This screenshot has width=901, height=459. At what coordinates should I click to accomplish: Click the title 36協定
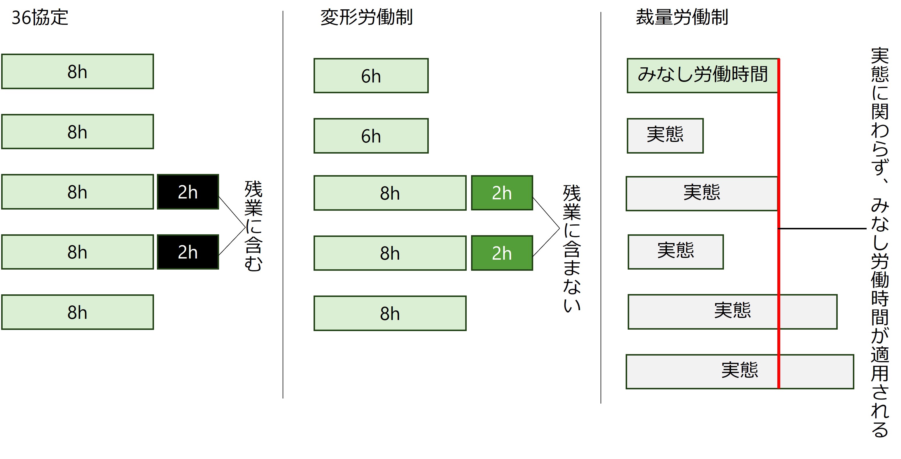pos(40,17)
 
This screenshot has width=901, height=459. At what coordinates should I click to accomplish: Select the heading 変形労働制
pos(366,17)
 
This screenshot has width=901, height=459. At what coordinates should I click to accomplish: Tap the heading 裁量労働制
pos(682,17)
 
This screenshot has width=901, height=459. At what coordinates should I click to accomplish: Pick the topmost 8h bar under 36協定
pos(77,72)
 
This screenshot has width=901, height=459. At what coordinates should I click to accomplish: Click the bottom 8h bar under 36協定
pos(77,312)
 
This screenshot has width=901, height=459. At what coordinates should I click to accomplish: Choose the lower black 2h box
pos(188,252)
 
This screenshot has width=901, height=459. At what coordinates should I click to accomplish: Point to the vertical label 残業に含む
pos(253,226)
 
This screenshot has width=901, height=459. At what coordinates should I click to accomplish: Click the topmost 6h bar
pos(371,76)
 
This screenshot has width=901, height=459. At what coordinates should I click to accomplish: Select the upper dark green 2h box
pos(502,193)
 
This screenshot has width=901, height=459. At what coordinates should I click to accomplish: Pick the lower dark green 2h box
pos(502,253)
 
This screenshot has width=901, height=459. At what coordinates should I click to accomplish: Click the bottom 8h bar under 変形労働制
pos(390,313)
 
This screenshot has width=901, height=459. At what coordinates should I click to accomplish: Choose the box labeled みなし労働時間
pos(702,75)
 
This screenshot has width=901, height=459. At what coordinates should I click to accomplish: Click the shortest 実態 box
pos(665,136)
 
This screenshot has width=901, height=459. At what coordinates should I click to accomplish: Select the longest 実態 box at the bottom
pos(739,372)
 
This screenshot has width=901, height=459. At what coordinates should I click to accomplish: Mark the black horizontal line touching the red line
pos(822,229)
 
